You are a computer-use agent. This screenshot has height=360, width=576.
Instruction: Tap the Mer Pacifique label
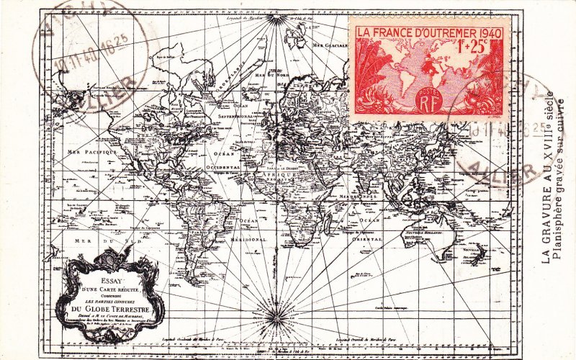point(92,152)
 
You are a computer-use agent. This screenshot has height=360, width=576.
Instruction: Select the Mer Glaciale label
point(330,45)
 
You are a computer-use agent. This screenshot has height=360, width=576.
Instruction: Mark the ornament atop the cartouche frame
point(110,258)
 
